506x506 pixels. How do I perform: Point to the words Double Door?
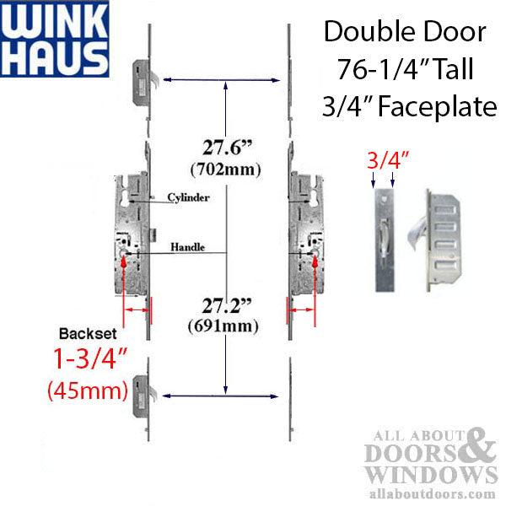405,34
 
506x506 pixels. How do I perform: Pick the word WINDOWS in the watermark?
425,472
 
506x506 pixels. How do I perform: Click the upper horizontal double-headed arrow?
220,80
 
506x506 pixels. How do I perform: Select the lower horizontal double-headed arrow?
220,395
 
